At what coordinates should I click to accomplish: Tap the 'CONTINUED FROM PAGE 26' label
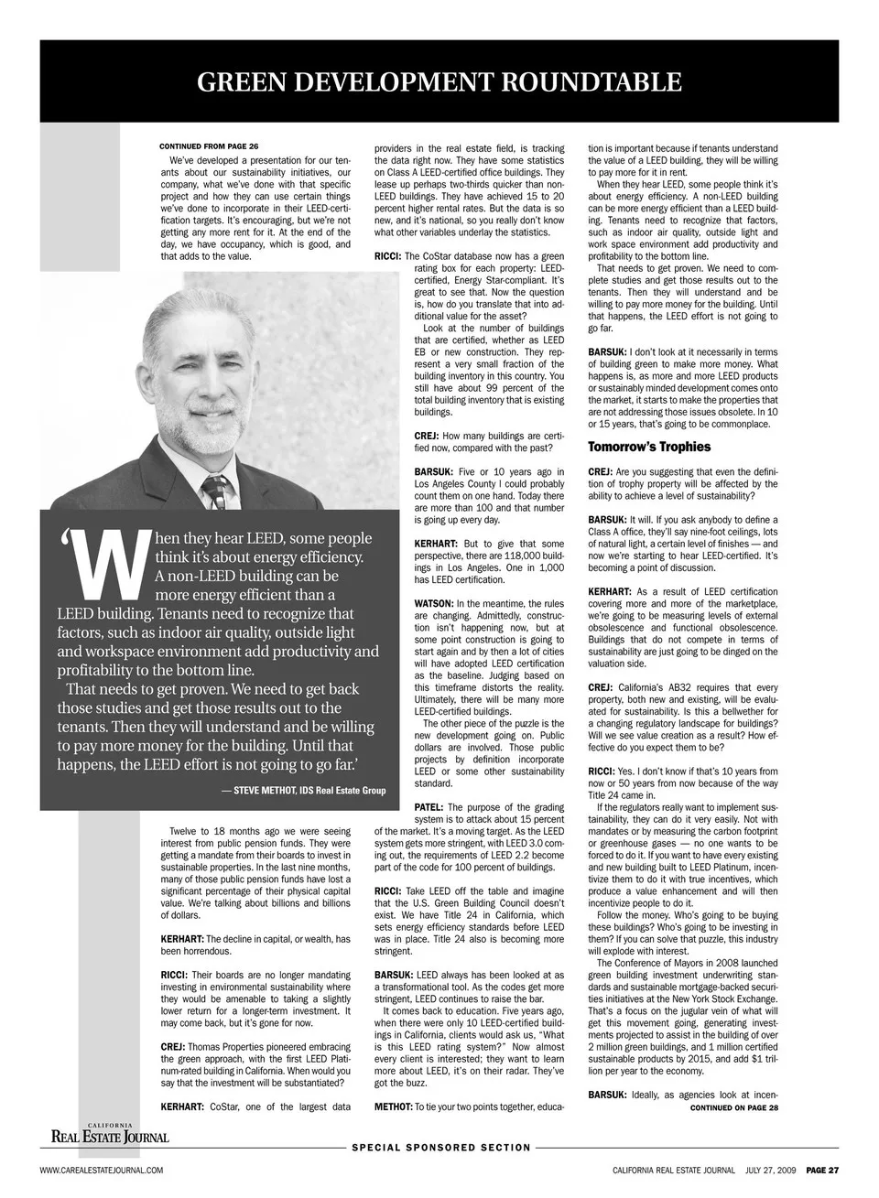point(209,146)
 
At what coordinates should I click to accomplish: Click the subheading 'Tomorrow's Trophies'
point(649,447)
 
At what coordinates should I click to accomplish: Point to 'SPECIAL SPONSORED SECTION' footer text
point(441,1147)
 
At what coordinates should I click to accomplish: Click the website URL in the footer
point(101,1171)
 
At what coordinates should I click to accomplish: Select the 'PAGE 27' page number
point(822,1171)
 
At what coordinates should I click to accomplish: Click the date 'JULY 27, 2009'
point(771,1171)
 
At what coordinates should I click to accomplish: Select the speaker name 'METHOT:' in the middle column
point(394,1106)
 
